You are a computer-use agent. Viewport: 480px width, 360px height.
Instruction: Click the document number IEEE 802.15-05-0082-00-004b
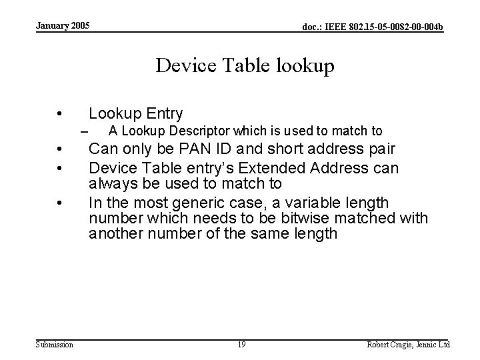coord(373,27)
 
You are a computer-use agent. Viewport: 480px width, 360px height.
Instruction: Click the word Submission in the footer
coord(55,344)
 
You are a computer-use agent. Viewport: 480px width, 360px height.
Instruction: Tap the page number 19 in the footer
coord(241,344)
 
